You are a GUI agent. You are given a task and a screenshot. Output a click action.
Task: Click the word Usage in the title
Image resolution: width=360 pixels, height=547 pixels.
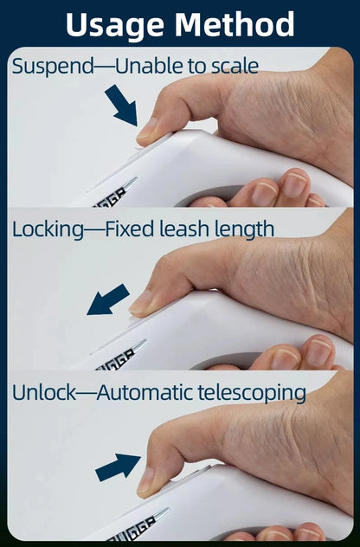[x=114, y=25]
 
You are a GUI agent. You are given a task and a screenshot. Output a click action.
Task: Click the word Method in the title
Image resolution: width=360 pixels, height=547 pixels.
[x=234, y=24]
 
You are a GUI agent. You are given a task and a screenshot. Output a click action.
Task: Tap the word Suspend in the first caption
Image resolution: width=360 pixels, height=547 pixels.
[x=53, y=67]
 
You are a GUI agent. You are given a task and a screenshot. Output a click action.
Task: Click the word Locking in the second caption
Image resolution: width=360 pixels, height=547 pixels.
[x=48, y=230]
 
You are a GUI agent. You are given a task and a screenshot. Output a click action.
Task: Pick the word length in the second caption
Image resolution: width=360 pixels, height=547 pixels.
[x=244, y=230]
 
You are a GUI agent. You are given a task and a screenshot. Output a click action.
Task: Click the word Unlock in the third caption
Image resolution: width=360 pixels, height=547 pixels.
[x=44, y=392]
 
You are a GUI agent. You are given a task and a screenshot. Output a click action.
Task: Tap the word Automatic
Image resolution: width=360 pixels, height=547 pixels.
[x=145, y=392]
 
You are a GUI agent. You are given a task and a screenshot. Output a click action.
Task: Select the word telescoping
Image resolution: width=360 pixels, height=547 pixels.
[x=252, y=394]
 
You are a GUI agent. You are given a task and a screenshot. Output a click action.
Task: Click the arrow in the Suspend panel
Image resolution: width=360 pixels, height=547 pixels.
[x=121, y=105]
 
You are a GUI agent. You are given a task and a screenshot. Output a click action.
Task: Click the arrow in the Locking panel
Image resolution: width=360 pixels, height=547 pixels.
[x=108, y=299]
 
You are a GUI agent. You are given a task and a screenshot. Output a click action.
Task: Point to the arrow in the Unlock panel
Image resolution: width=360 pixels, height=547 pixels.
[x=118, y=467]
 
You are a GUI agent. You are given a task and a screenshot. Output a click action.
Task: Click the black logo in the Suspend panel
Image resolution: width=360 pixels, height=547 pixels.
[x=110, y=198]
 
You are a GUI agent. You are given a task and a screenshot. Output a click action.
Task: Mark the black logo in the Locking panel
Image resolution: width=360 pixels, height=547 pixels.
[x=116, y=360]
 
